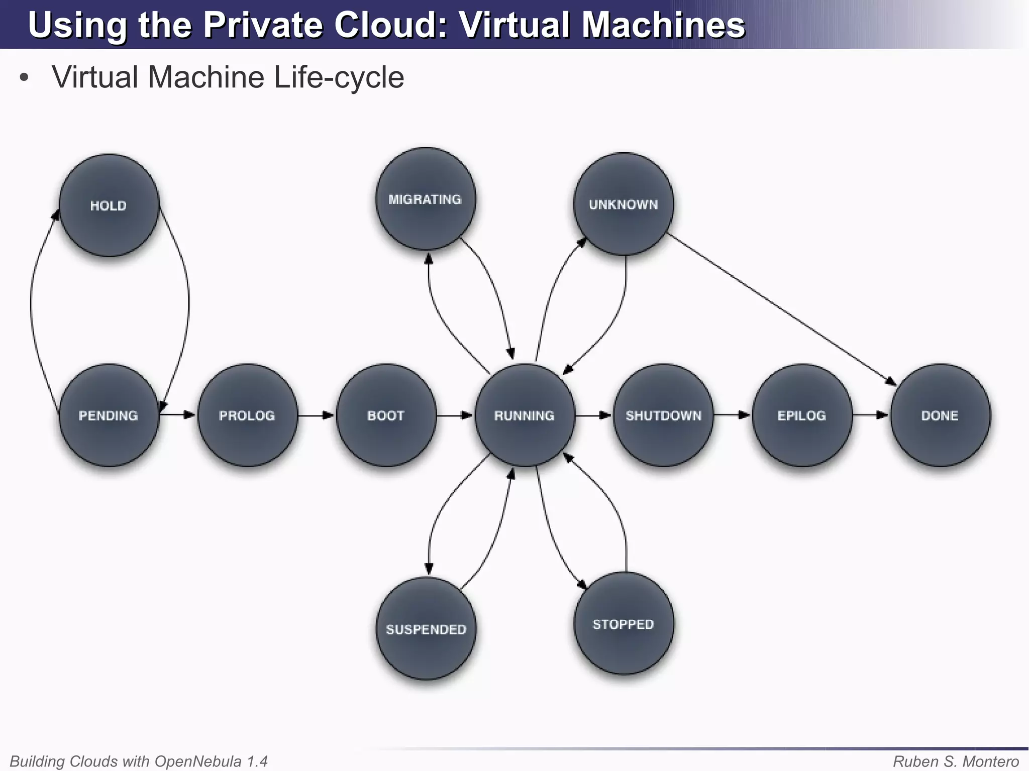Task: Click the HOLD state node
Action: [x=109, y=205]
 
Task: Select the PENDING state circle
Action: [x=109, y=415]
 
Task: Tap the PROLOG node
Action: [x=247, y=415]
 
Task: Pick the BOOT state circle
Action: [x=386, y=415]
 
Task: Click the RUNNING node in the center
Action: [x=525, y=415]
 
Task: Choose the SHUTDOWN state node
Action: [x=663, y=415]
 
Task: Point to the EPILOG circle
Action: [x=802, y=415]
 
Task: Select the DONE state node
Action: [x=940, y=415]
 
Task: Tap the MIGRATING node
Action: [x=426, y=199]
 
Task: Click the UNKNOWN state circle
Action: [x=624, y=204]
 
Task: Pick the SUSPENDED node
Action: [x=426, y=629]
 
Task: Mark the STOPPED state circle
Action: [x=624, y=624]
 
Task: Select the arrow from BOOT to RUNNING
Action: [x=455, y=415]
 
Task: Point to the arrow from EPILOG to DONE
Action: [x=871, y=415]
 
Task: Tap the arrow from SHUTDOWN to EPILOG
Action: [x=732, y=415]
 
